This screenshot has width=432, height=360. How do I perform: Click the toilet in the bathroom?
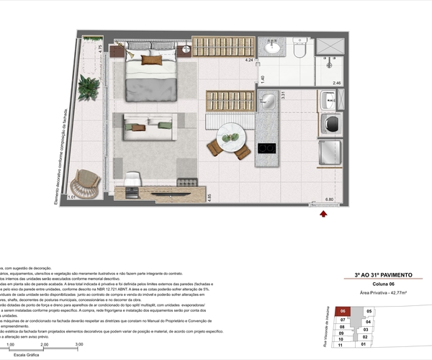coord(300,48)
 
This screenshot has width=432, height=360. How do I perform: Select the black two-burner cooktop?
coord(266,149)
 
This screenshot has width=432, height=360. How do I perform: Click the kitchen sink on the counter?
coord(268,100)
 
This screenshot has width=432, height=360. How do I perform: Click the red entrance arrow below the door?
coord(323,213)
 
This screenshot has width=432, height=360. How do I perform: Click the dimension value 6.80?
coord(329,198)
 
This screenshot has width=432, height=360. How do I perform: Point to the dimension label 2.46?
coord(336,84)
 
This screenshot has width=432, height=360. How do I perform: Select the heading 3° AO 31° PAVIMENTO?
coord(383,274)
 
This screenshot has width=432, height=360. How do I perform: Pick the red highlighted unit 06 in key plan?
coord(343,311)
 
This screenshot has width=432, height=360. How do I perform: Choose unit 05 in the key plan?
coord(369,311)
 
